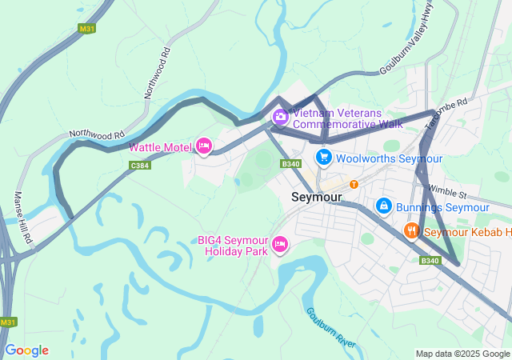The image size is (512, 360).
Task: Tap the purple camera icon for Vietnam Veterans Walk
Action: pos(281,117)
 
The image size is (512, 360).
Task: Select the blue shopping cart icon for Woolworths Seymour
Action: pos(323,157)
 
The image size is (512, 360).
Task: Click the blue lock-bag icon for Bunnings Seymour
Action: pos(384,206)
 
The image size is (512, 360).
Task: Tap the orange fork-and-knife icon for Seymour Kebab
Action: pos(411,231)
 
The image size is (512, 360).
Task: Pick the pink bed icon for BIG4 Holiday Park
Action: pos(280,243)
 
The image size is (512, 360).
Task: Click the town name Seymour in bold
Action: pos(317,197)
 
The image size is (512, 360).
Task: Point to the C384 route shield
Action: pos(140,166)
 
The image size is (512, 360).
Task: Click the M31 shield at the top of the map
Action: pos(88,28)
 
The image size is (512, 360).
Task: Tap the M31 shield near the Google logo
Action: pos(8,322)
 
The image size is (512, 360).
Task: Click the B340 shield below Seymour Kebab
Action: pos(430,260)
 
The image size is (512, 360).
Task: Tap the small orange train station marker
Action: pos(354,184)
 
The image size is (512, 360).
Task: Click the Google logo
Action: pos(26,350)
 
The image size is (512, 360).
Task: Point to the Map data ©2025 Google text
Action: pos(462,354)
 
